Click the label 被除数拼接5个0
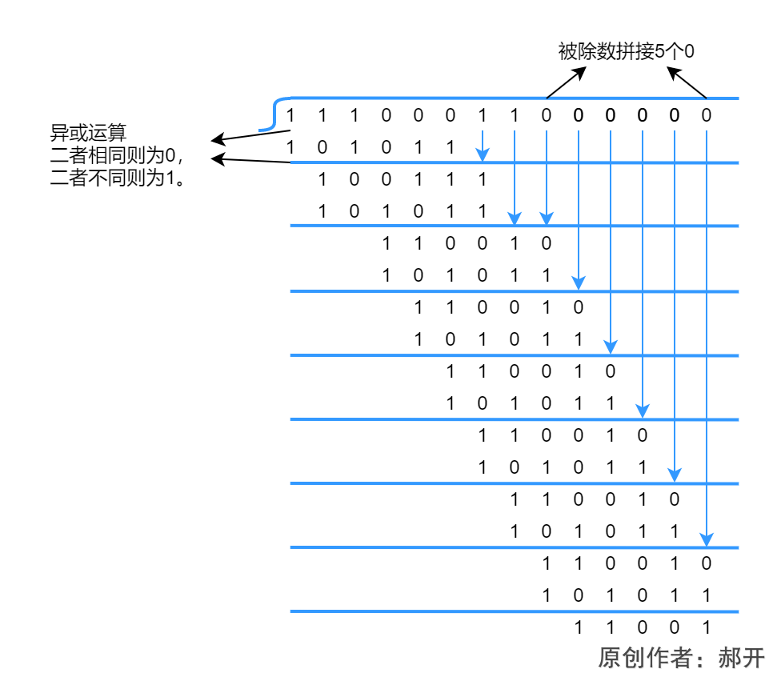[x=626, y=51]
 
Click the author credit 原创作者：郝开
[x=681, y=658]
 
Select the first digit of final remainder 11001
[x=578, y=628]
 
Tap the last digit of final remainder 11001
[x=706, y=628]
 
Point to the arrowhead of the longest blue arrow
[x=706, y=539]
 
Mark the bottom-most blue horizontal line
[x=512, y=612]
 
